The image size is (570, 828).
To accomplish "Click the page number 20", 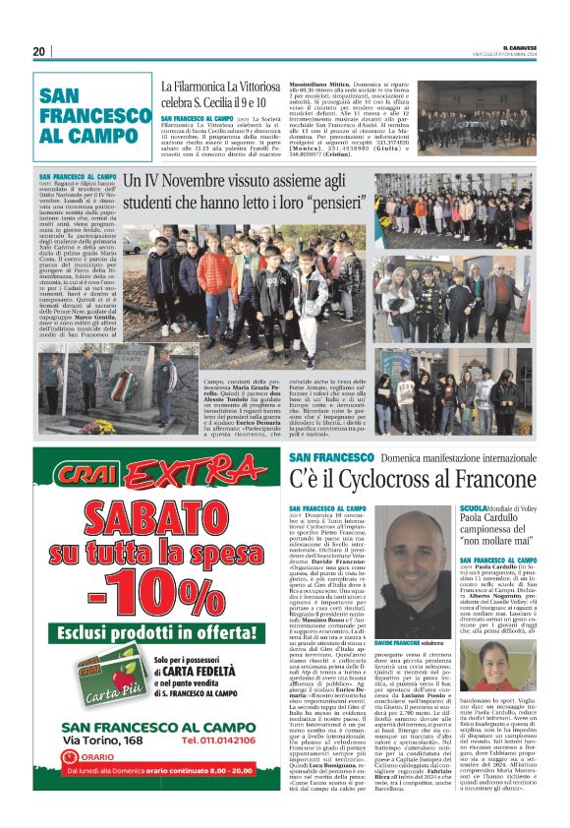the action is point(38,52).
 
